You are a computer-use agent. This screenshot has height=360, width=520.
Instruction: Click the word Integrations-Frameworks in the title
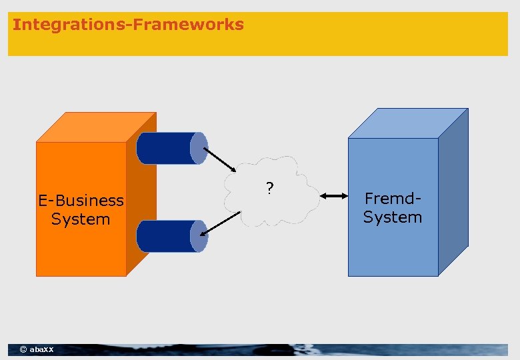pyautogui.click(x=128, y=25)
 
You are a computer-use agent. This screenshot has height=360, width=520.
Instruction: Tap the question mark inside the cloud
pyautogui.click(x=269, y=189)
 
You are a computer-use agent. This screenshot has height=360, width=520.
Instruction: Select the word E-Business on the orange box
pyautogui.click(x=81, y=201)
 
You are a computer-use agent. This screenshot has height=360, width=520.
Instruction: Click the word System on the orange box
pyautogui.click(x=80, y=219)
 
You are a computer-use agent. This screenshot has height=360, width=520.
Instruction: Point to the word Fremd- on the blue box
pyautogui.click(x=393, y=198)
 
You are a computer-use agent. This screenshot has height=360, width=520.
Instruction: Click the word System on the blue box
pyautogui.click(x=393, y=217)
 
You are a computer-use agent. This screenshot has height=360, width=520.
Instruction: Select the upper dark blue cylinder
pyautogui.click(x=167, y=148)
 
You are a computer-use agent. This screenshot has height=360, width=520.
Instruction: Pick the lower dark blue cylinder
pyautogui.click(x=167, y=236)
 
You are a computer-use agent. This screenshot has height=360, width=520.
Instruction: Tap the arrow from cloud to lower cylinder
pyautogui.click(x=220, y=223)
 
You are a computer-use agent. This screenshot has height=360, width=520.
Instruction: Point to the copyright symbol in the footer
pyautogui.click(x=23, y=350)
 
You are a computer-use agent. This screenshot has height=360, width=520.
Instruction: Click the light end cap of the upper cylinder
pyautogui.click(x=199, y=148)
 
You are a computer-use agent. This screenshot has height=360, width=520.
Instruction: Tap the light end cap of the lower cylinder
pyautogui.click(x=198, y=236)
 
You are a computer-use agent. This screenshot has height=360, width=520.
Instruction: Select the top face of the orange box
pyautogui.click(x=97, y=127)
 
